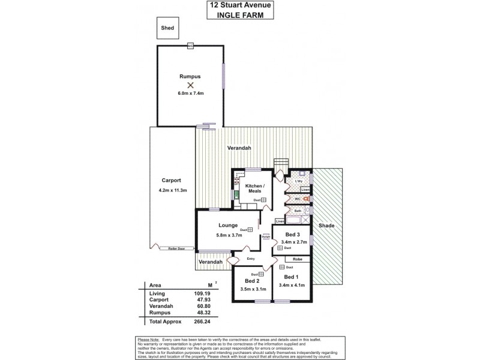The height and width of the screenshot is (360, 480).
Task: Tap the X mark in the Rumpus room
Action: [190, 86]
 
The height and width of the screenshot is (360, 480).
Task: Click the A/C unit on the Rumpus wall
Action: [190, 46]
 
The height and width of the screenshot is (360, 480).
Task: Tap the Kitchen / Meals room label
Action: [256, 189]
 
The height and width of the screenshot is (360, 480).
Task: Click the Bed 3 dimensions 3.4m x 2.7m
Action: [293, 242]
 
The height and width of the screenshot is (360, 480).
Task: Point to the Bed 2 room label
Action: [251, 281]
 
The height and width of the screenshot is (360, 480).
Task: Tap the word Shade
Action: [326, 226]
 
